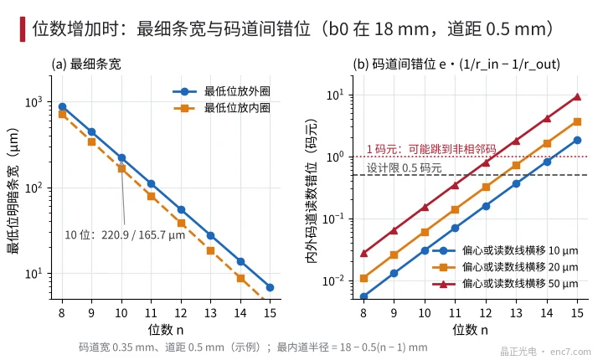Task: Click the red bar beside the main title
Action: [x=23, y=28]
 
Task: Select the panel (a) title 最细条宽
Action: [x=95, y=64]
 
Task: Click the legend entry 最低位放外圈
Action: [x=222, y=91]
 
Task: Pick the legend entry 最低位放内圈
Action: [x=222, y=108]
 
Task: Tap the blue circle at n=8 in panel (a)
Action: [x=62, y=107]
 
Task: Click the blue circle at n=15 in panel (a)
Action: [x=270, y=287]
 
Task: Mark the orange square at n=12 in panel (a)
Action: [x=181, y=223]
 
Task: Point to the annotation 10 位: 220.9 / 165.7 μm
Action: [x=125, y=234]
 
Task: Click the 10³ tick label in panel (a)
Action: [x=33, y=102]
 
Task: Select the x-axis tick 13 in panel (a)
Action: [x=210, y=313]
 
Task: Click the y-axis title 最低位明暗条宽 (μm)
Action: [x=13, y=191]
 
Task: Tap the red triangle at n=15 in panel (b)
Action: [x=577, y=96]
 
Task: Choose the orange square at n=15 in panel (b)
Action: [x=577, y=122]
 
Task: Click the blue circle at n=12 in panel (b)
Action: [x=486, y=206]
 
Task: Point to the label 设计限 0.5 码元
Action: [x=405, y=167]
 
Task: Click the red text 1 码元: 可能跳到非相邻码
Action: [x=431, y=149]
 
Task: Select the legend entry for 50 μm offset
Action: [x=505, y=284]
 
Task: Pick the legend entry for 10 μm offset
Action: [x=505, y=251]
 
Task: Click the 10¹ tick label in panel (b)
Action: [x=334, y=95]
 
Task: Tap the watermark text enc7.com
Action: [x=570, y=352]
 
